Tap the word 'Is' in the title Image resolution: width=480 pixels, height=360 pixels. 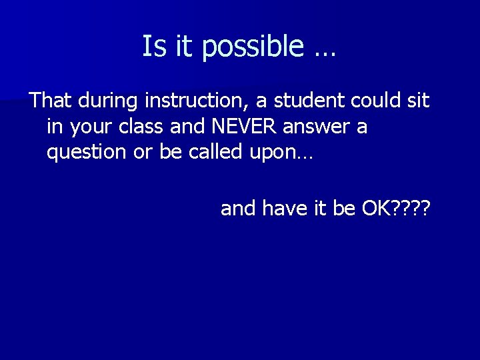point(153,47)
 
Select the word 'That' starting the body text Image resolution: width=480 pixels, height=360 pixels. point(51,101)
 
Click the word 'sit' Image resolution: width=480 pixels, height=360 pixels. point(417,101)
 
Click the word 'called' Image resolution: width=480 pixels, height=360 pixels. point(218,152)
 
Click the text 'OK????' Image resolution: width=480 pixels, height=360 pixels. point(396,209)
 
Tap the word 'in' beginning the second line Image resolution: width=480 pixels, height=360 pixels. point(53,127)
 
